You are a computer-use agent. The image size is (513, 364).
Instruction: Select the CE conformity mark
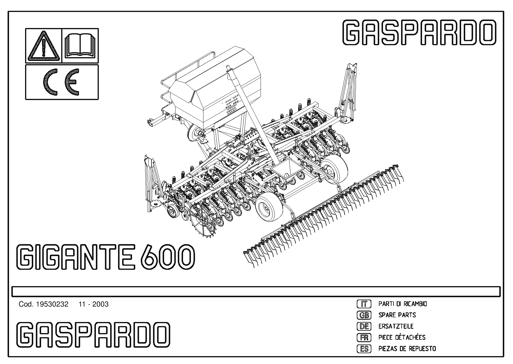tap(62, 82)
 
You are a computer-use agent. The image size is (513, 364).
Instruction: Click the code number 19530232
tap(52, 304)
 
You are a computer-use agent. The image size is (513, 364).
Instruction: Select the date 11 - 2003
tap(94, 304)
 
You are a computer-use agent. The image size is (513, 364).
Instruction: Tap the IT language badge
tap(364, 304)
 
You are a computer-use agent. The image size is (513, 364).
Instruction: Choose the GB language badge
tap(364, 315)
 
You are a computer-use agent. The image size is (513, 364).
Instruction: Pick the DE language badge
tap(364, 326)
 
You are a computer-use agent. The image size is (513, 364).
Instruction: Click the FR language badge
tap(364, 337)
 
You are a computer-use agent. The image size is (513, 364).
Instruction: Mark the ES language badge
tap(364, 349)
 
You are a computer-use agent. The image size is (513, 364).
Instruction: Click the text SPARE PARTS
tap(397, 315)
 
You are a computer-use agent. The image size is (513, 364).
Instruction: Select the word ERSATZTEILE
tap(396, 326)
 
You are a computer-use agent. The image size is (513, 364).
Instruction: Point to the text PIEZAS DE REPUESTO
tap(407, 349)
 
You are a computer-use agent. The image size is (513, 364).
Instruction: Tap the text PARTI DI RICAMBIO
tap(403, 304)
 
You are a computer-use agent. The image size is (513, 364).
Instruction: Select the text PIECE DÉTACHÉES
tap(402, 337)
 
